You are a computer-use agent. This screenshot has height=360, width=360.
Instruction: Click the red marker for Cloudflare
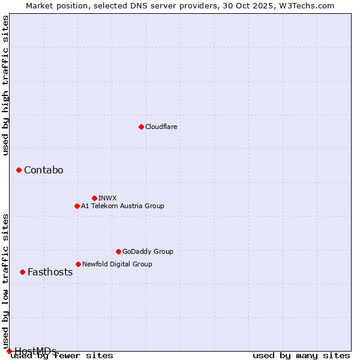141,127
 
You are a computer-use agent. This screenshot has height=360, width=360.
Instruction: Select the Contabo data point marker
19,170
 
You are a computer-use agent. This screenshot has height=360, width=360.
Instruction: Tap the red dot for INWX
94,198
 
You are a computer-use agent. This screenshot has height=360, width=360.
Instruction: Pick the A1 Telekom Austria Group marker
77,206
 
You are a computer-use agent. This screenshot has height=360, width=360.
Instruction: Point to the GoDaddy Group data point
118,251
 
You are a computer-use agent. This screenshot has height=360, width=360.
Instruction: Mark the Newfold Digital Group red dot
78,264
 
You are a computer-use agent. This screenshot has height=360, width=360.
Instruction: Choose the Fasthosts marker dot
22,272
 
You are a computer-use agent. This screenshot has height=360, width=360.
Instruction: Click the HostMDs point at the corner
9,351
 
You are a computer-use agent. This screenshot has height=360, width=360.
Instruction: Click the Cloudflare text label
161,127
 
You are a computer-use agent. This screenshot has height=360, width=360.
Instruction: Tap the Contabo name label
43,170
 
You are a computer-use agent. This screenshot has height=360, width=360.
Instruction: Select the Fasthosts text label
50,272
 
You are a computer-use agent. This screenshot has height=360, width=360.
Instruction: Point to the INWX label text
107,198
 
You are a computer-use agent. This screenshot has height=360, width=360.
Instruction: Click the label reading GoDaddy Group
148,251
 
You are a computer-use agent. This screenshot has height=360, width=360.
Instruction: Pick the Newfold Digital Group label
117,264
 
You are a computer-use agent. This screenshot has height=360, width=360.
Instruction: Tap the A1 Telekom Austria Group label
122,206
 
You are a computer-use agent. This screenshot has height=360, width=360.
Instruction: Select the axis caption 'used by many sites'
301,356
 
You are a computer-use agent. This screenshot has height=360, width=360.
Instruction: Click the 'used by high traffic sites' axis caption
6,85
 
